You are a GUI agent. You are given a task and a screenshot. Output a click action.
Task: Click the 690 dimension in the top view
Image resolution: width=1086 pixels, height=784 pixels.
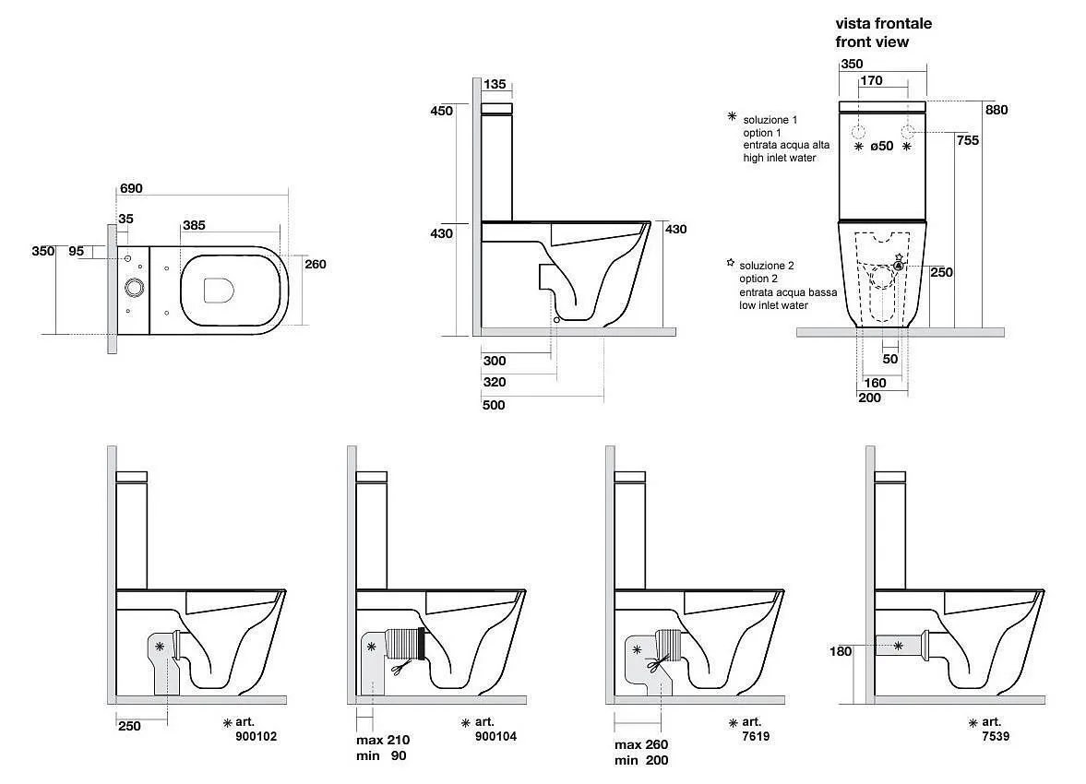[x=131, y=188]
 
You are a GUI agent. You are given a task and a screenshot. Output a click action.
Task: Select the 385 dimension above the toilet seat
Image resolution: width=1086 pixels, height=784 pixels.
[x=194, y=225]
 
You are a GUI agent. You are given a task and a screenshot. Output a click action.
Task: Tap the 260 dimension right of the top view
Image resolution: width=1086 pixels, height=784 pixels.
[x=316, y=264]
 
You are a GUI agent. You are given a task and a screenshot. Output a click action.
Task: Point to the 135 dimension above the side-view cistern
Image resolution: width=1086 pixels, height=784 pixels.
[x=495, y=85]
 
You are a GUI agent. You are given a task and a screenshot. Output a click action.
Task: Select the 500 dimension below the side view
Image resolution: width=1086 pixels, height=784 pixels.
[x=494, y=405]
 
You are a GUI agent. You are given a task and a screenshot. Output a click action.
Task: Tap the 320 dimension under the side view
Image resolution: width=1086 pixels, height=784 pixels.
[x=494, y=382]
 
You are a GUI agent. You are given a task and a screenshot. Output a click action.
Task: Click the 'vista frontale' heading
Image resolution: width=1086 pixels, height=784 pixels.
[x=883, y=23]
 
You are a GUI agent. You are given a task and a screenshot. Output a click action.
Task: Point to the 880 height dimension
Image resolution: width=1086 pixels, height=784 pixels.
[x=996, y=110]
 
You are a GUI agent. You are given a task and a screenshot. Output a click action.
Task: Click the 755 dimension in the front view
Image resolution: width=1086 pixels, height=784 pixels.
[x=967, y=140]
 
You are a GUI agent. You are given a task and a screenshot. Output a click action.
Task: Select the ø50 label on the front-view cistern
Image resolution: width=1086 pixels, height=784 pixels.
[x=883, y=147]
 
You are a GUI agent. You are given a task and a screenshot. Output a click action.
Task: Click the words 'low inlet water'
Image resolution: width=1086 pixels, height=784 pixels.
[x=772, y=305]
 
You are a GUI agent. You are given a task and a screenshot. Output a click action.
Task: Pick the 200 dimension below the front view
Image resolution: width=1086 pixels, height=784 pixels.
[x=869, y=398]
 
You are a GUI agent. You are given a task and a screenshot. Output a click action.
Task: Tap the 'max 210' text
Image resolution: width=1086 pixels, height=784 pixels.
[x=382, y=741]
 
